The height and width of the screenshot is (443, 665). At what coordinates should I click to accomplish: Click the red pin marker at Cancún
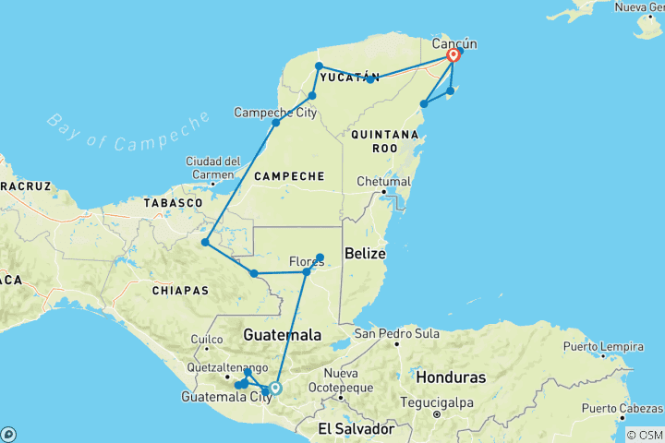point(453,55)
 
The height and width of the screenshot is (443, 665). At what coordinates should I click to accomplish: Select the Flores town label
point(307,262)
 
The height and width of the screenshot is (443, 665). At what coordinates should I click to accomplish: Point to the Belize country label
point(365,253)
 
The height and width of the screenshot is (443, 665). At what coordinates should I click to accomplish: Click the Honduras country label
point(451,377)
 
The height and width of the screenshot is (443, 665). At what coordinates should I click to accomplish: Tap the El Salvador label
point(356,429)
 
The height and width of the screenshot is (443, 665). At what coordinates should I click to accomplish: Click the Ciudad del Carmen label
point(213,167)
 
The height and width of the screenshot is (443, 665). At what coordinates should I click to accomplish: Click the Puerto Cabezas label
point(621,408)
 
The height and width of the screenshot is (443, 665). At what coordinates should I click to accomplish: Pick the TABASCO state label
point(173,201)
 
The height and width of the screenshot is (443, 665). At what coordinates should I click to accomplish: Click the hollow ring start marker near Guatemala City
point(274,388)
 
